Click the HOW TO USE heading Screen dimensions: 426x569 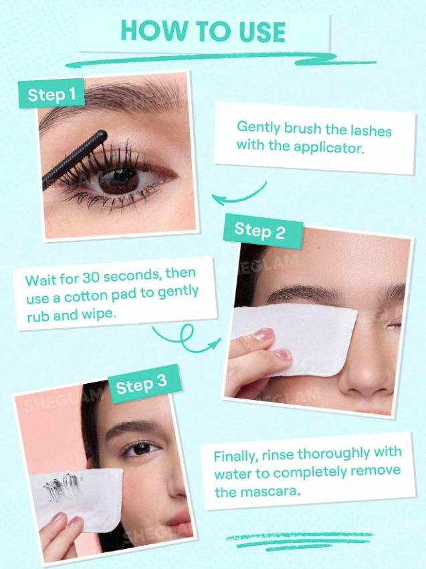pos(203,31)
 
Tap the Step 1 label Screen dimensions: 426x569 pos(51,94)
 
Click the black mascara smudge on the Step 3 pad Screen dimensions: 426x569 pos(62,485)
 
